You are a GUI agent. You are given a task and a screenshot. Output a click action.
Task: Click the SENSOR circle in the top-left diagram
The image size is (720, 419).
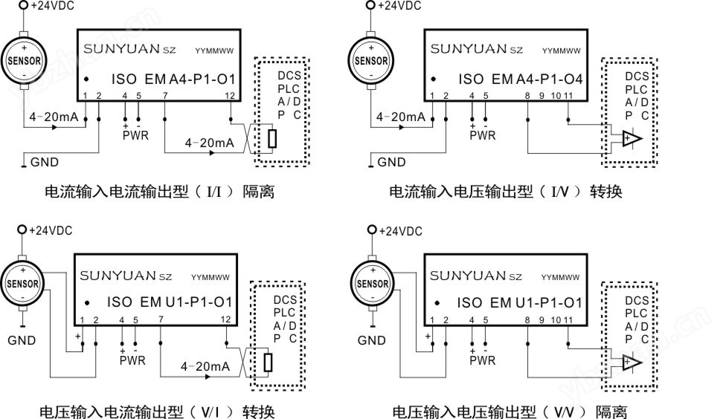[25, 60]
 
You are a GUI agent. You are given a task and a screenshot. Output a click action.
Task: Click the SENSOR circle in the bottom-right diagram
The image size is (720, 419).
[372, 282]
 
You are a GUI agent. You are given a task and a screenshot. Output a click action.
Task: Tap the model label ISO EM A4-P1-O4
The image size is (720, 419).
[520, 79]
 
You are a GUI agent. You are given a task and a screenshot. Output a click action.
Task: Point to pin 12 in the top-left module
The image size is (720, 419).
[231, 96]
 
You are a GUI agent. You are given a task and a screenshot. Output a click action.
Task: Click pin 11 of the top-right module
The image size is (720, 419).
[568, 96]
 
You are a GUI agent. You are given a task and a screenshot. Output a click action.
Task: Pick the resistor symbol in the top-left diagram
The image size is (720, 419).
[273, 138]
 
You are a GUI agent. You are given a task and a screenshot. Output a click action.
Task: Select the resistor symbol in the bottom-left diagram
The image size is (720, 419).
[269, 362]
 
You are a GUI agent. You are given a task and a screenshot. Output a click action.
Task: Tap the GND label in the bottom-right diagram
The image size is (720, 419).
[372, 340]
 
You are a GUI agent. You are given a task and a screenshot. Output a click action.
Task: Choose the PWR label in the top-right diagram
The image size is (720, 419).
[483, 135]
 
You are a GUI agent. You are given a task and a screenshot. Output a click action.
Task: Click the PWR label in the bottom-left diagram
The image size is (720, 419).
[132, 360]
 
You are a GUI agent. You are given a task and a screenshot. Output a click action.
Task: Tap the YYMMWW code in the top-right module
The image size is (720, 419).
[561, 51]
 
